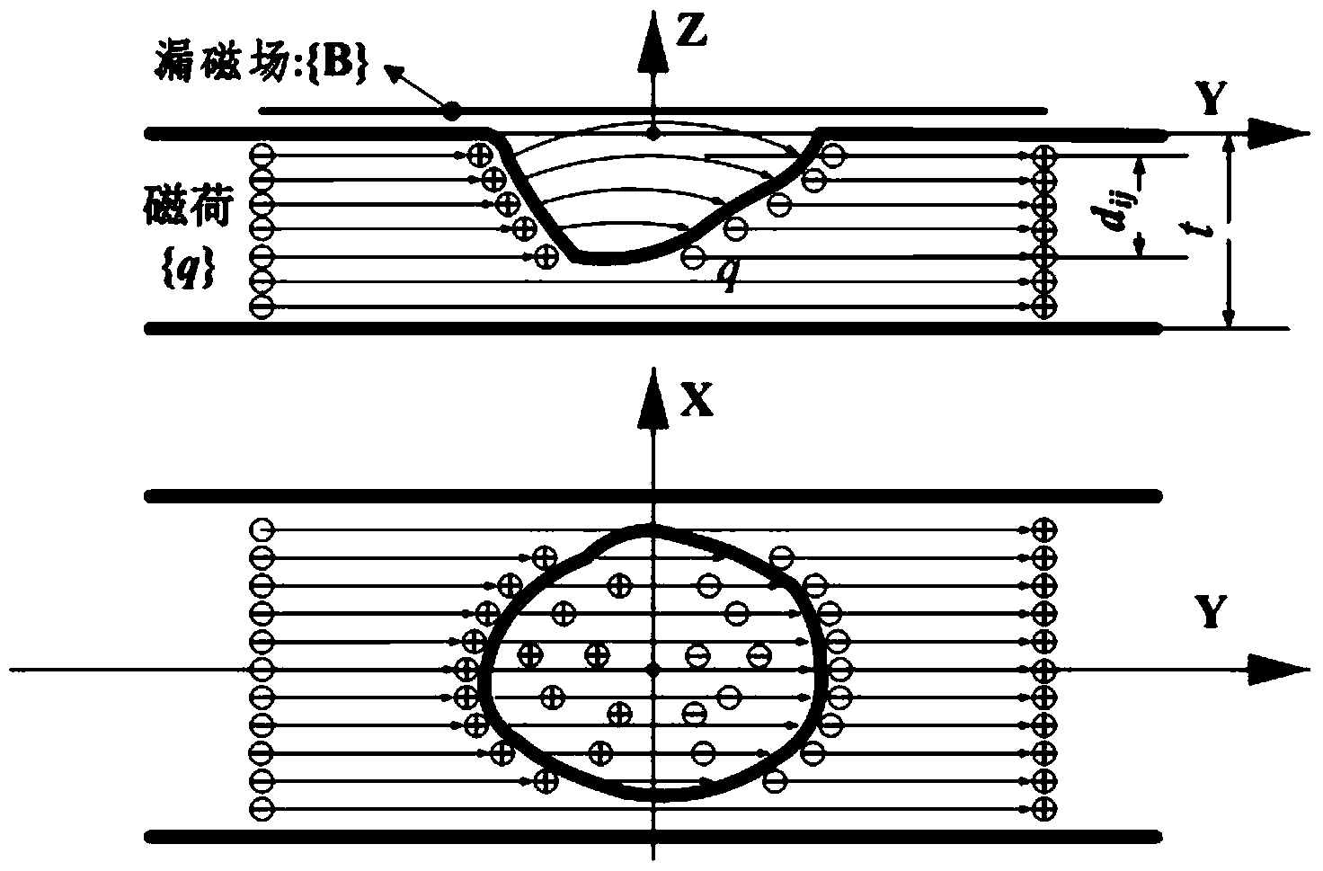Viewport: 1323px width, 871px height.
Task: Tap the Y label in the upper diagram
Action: coord(1211,99)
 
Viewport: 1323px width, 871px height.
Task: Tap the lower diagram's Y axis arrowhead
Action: coord(1281,671)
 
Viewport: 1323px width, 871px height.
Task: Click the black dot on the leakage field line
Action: coord(452,111)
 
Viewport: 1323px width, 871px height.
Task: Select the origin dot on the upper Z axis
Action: coord(653,135)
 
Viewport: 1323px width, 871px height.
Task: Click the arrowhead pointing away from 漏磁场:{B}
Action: coord(395,73)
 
